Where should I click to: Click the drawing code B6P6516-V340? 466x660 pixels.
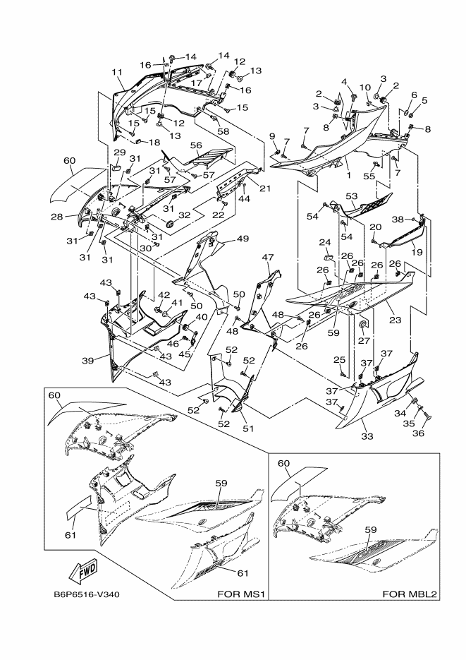pos(87,594)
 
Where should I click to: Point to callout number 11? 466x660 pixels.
pos(117,71)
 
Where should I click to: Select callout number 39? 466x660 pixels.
pos(89,361)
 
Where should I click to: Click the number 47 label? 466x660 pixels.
pos(267,258)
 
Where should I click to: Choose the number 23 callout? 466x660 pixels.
pos(396,320)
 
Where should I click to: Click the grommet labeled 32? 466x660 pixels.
pos(169,224)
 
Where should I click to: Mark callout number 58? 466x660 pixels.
pos(223,132)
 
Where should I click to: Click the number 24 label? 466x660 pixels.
pos(324,242)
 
